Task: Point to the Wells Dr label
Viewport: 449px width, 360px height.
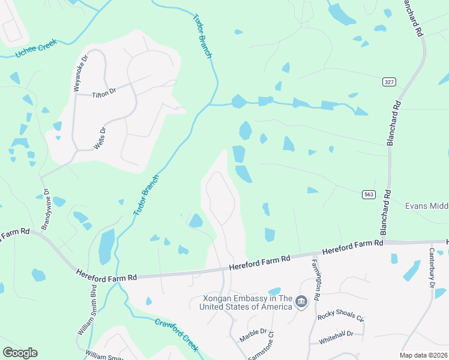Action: pyautogui.click(x=103, y=138)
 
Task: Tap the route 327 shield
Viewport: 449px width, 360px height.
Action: pyautogui.click(x=388, y=81)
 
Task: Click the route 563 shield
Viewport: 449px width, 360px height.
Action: pyautogui.click(x=369, y=194)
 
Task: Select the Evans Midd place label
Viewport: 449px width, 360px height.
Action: pyautogui.click(x=427, y=206)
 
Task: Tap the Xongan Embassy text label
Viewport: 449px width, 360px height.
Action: pyautogui.click(x=247, y=302)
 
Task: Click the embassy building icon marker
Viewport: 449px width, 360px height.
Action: pyautogui.click(x=302, y=301)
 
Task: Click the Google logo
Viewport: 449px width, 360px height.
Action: pyautogui.click(x=20, y=353)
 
